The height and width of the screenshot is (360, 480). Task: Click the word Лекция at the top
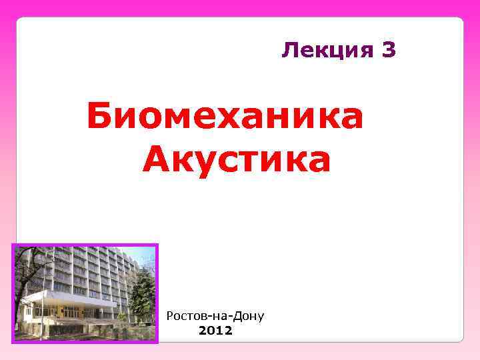point(327,50)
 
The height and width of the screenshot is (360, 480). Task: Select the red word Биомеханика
point(225,117)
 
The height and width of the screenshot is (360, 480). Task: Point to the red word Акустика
point(237,160)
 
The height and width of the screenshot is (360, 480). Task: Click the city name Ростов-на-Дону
point(215,315)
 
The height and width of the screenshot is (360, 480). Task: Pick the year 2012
point(215,330)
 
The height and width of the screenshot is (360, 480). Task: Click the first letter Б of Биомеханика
point(100,117)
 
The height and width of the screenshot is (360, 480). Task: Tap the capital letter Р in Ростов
point(170,315)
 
